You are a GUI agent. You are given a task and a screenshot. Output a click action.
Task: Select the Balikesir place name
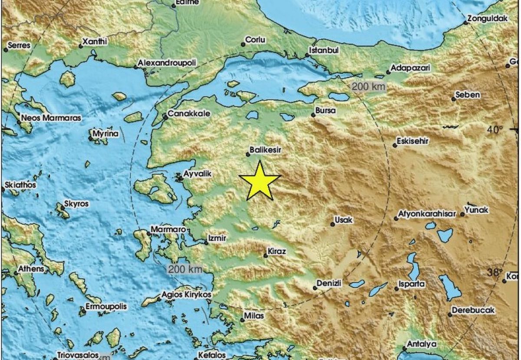pos(266,149)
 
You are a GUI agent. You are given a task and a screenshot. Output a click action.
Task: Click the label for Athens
pos(31,269)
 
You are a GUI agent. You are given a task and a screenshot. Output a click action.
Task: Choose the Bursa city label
pos(325,111)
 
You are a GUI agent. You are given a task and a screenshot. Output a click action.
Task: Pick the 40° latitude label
pos(495,129)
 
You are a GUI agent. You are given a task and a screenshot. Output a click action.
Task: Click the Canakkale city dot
pos(165,117)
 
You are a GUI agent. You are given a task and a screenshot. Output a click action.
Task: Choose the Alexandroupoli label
pos(167,63)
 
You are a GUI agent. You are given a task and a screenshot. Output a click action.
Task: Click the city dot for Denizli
pos(315,287)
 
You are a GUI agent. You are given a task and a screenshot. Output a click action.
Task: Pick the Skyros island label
pos(76,203)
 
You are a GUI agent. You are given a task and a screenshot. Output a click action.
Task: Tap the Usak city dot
pos(333,224)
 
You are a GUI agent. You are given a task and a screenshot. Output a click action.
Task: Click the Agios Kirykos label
pos(186,294)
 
